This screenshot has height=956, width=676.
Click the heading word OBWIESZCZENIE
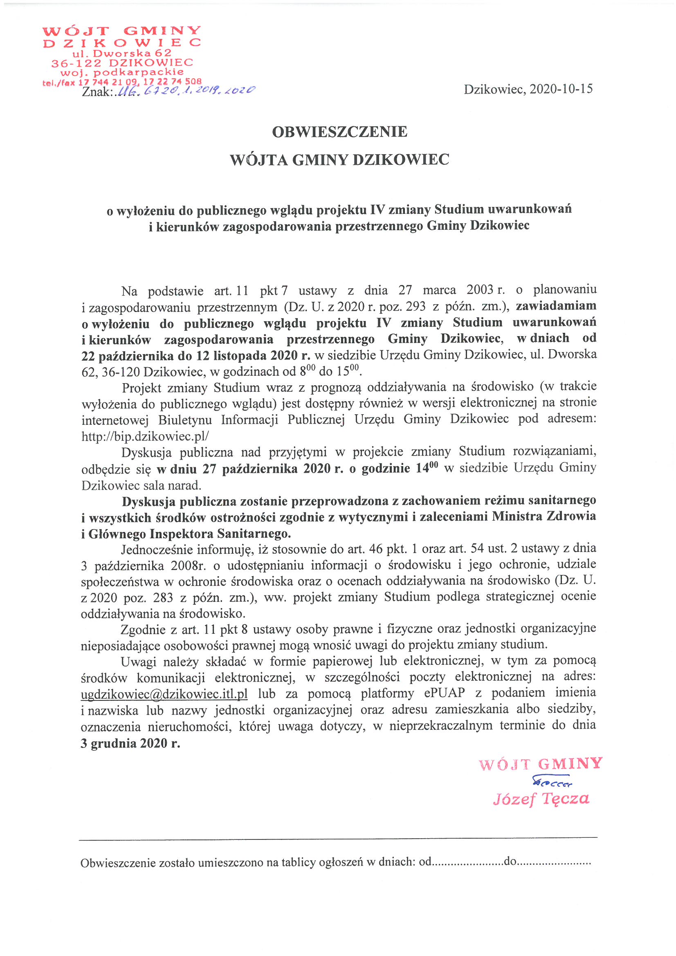click(339, 132)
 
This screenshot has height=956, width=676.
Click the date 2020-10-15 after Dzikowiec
click(561, 89)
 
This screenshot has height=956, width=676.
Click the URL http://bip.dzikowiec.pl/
click(145, 436)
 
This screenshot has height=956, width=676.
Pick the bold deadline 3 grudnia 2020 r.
click(130, 743)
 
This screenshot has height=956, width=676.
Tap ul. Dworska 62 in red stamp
click(121, 53)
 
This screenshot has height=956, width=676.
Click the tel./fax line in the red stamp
click(121, 82)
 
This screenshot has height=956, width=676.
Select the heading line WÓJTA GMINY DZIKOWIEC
click(339, 160)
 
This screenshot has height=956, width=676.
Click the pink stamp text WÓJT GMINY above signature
click(540, 764)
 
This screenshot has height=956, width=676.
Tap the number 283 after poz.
click(163, 597)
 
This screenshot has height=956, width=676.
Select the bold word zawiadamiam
click(556, 306)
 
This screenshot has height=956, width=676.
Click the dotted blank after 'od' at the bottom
click(467, 862)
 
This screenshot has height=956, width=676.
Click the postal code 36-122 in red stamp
click(76, 63)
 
